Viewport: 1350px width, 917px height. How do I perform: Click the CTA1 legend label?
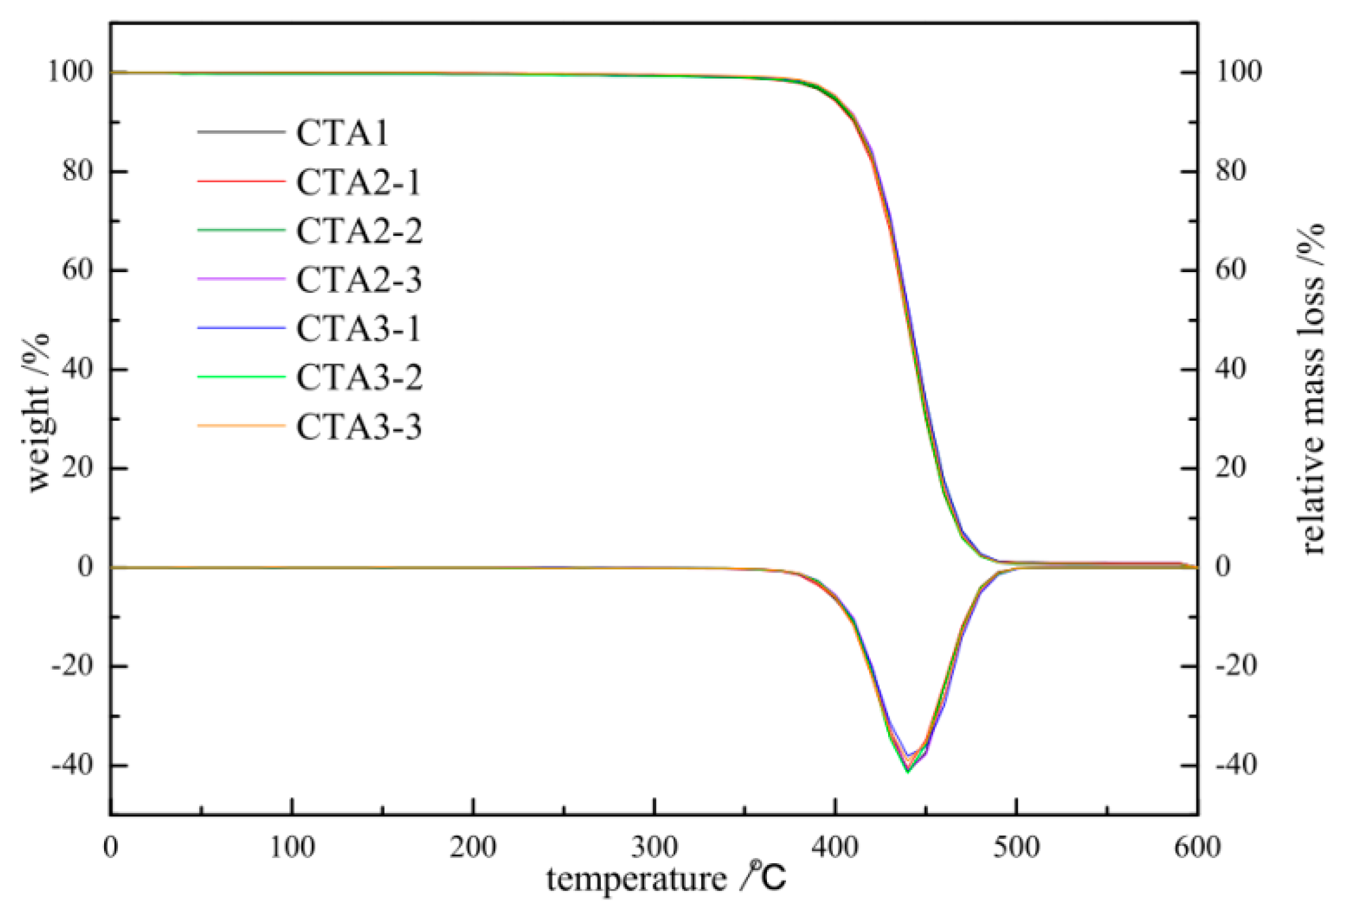(x=342, y=133)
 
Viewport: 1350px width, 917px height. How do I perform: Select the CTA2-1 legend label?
(x=358, y=183)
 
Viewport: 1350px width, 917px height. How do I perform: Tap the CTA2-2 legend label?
(x=358, y=231)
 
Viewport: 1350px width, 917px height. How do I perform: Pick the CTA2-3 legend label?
(x=358, y=280)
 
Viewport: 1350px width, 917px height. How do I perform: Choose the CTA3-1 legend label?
(x=358, y=328)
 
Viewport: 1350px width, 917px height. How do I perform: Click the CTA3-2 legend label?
(x=358, y=377)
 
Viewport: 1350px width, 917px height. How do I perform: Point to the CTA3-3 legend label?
(x=358, y=426)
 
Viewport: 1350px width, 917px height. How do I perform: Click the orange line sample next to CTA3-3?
(x=241, y=426)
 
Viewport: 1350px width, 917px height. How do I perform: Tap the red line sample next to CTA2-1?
(x=241, y=181)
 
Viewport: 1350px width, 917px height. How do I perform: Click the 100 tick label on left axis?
(x=70, y=72)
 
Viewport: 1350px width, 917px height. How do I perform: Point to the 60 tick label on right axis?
(x=1231, y=270)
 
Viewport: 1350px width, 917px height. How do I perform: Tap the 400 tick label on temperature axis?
(x=836, y=847)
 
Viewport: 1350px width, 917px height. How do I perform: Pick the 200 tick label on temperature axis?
(x=473, y=847)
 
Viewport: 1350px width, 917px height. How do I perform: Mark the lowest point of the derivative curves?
(x=908, y=771)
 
